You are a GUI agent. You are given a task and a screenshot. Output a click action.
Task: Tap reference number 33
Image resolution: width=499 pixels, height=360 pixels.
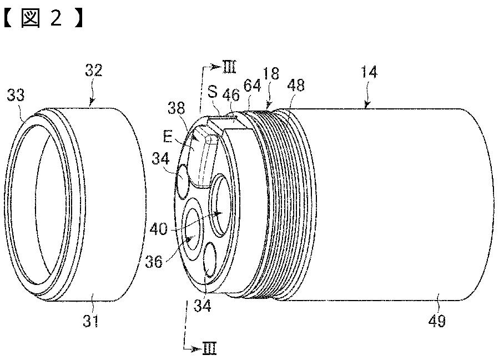click(x=16, y=95)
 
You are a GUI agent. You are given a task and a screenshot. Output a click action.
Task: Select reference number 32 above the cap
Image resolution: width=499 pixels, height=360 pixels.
click(x=94, y=70)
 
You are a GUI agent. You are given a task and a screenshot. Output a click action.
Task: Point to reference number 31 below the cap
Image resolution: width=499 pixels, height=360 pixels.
click(x=91, y=321)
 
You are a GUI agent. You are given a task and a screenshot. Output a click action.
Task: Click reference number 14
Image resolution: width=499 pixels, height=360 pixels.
click(x=369, y=72)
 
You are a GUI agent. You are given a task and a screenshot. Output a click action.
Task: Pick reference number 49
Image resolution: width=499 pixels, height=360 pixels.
click(x=437, y=321)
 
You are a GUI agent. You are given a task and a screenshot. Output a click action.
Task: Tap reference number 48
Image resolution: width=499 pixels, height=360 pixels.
click(x=296, y=85)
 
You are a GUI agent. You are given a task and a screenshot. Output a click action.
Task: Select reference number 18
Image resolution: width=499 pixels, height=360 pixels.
click(x=271, y=73)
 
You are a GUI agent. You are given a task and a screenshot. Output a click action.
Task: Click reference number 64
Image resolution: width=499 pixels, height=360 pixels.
click(x=252, y=86)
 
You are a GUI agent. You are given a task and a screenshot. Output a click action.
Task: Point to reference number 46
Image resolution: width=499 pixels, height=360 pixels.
click(x=231, y=94)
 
